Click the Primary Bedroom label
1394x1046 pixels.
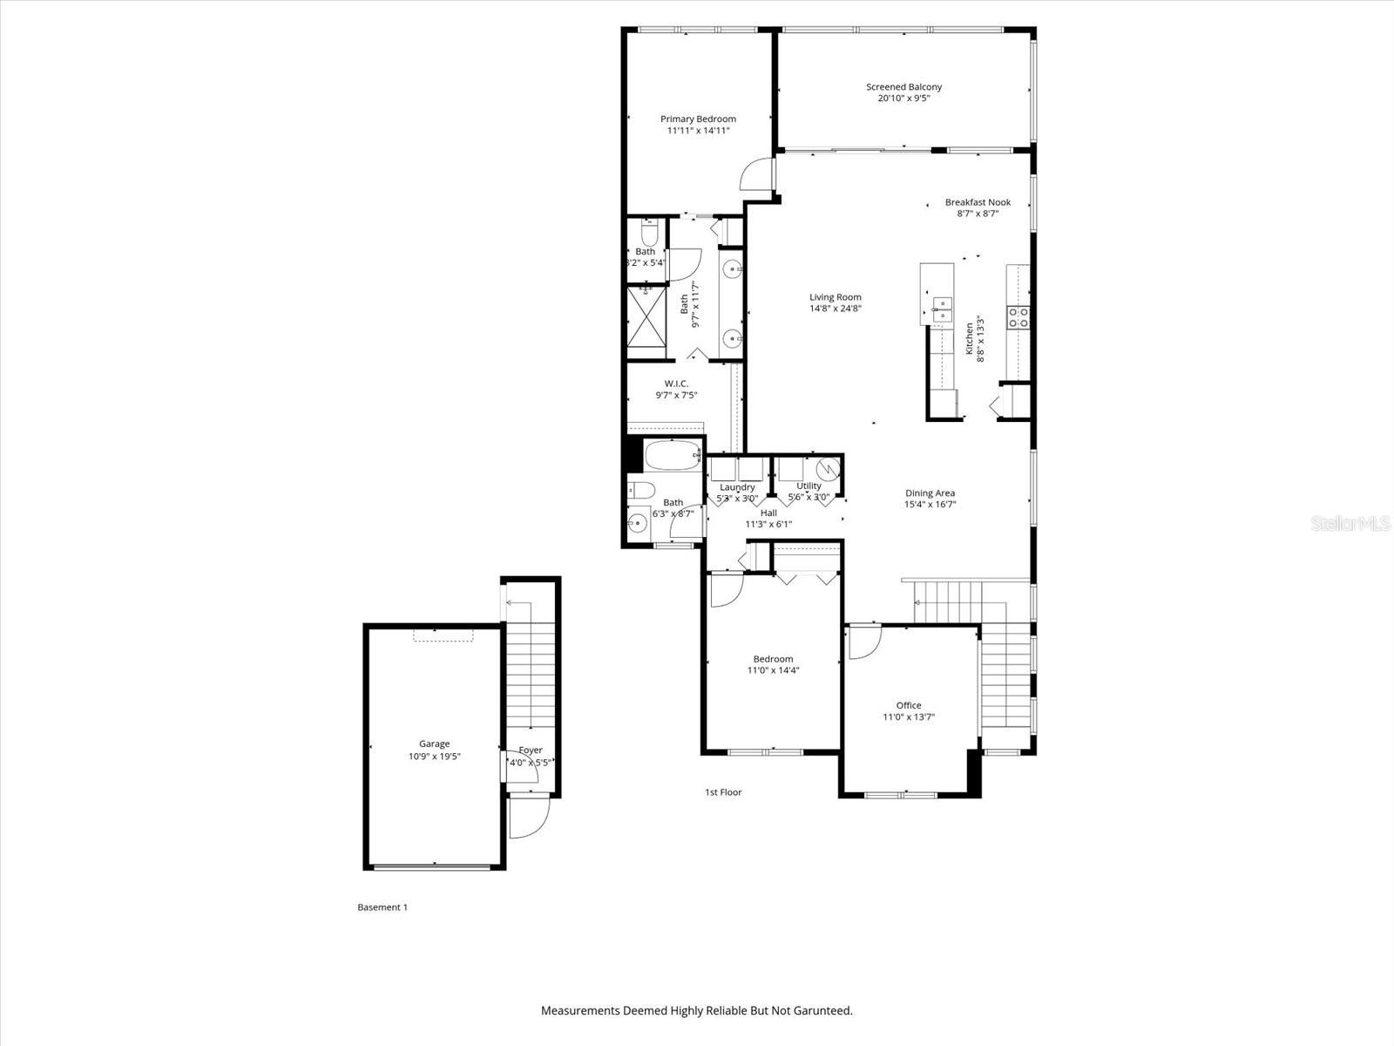pos(698,119)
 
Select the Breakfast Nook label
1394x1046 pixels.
pos(978,202)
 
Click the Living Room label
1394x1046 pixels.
pos(835,297)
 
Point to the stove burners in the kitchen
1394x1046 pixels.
pos(1018,316)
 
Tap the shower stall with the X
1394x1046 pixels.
pos(646,317)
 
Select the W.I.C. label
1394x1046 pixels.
pos(676,384)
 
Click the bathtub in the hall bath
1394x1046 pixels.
pos(673,454)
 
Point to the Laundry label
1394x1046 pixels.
pos(737,487)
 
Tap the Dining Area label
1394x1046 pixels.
pos(930,493)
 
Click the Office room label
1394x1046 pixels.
pos(909,706)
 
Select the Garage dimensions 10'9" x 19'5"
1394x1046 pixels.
pos(434,757)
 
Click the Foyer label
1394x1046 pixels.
pos(531,751)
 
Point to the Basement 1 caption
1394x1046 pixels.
pos(382,907)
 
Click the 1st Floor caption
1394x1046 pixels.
pos(723,792)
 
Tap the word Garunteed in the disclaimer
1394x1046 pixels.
pos(817,1011)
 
